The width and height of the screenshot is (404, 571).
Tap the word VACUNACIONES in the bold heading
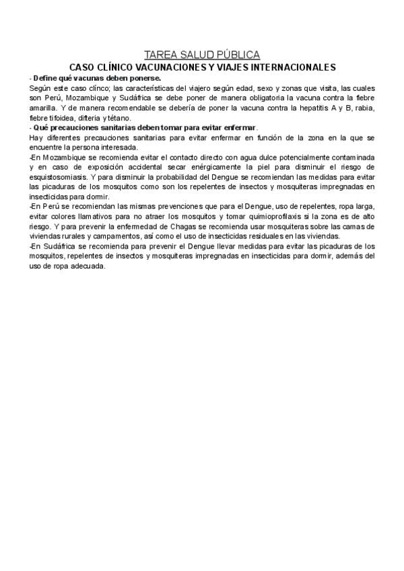173,67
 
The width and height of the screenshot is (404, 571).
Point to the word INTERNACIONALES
294,67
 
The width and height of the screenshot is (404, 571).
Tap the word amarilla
44,108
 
